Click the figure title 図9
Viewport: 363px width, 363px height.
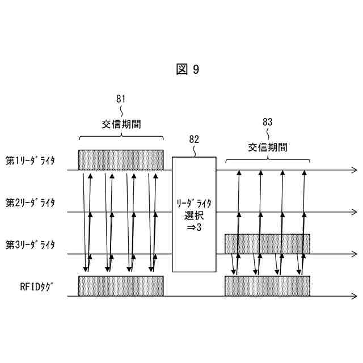coord(188,69)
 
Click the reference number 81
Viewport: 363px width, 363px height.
coord(121,99)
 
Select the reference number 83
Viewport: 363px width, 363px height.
coord(268,121)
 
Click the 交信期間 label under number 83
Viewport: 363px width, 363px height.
coord(267,147)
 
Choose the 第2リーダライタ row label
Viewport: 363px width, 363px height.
coord(31,202)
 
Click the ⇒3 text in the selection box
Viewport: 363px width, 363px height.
coord(195,227)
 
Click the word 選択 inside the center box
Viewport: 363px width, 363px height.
coord(194,215)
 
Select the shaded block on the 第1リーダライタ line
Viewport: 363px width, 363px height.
coord(121,159)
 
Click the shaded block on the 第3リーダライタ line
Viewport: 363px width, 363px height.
coord(267,243)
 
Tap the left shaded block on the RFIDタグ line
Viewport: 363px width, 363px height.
coord(121,286)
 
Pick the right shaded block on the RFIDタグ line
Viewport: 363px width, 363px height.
coord(267,286)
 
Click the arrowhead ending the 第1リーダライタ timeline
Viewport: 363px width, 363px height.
coord(354,170)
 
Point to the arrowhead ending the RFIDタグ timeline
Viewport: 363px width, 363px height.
coord(354,296)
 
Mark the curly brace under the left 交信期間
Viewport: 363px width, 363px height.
coord(121,137)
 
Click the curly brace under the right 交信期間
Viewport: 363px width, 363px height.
coord(267,161)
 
